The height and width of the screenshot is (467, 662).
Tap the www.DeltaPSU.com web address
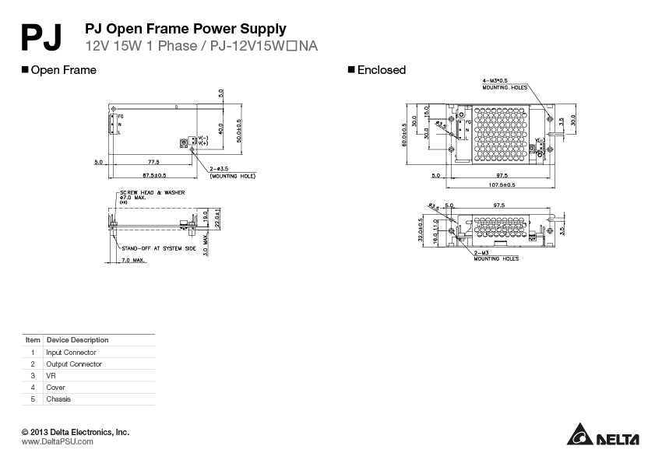pyautogui.click(x=58, y=441)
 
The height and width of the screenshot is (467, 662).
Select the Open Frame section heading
pyautogui.click(x=63, y=70)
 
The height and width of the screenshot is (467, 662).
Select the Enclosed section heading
pyautogui.click(x=381, y=70)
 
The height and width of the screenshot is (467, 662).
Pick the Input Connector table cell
pyautogui.click(x=71, y=353)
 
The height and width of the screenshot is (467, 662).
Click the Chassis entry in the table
pyautogui.click(x=58, y=399)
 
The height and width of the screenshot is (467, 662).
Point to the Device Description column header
pyautogui.click(x=78, y=340)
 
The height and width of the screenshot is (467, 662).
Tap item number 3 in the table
pyautogui.click(x=33, y=376)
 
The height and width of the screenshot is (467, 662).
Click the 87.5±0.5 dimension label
pyautogui.click(x=153, y=175)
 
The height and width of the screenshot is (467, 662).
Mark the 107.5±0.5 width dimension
pyautogui.click(x=502, y=185)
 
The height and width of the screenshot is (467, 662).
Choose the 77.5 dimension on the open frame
pyautogui.click(x=153, y=162)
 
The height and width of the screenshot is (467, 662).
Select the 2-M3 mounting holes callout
pyautogui.click(x=496, y=255)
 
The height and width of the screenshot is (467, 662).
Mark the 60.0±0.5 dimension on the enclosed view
pyautogui.click(x=404, y=135)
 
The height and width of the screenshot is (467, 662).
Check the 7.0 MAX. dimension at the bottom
pyautogui.click(x=133, y=260)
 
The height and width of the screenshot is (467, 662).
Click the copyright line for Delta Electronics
pyautogui.click(x=76, y=432)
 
